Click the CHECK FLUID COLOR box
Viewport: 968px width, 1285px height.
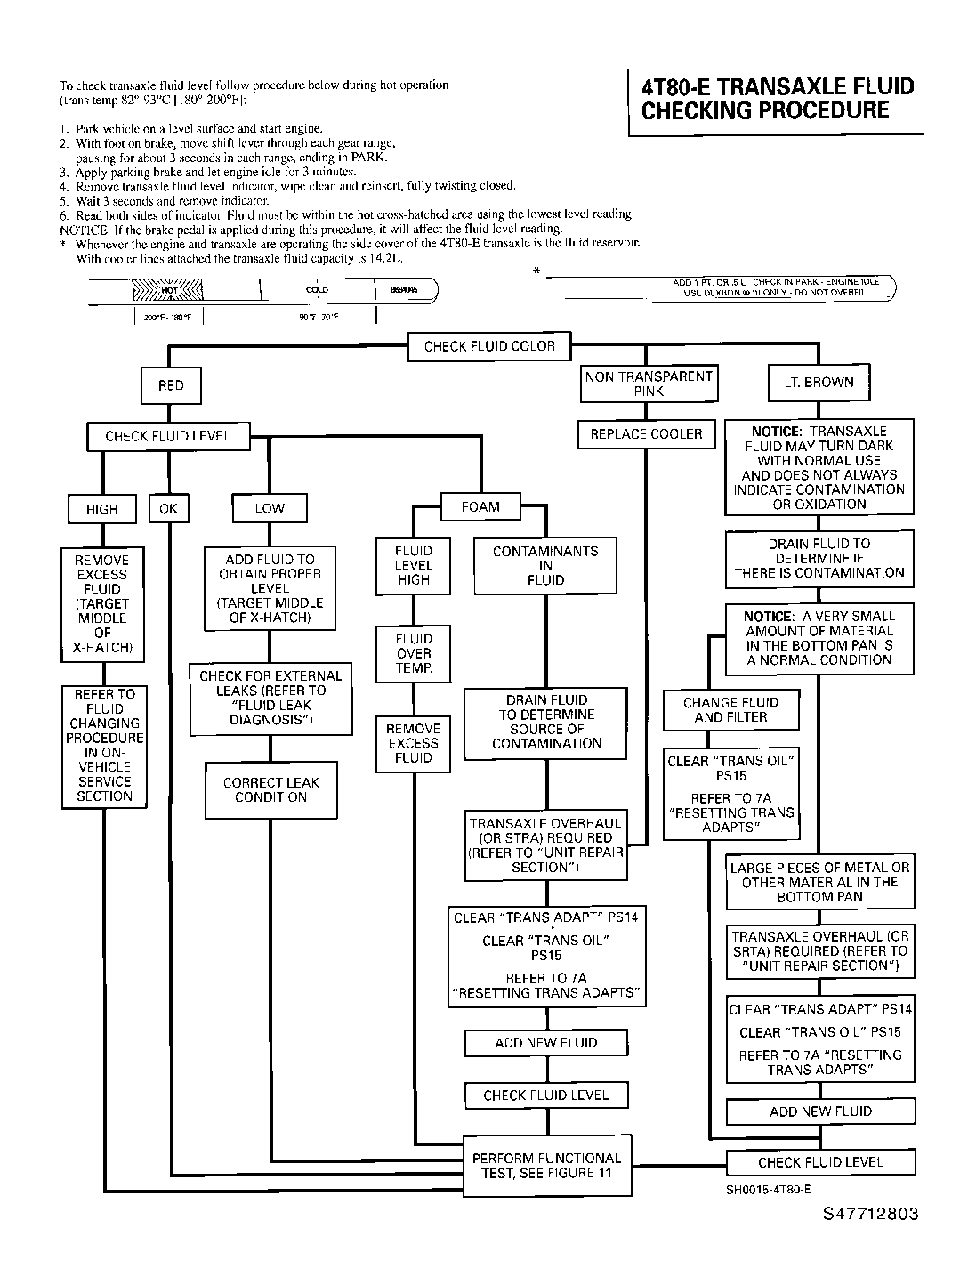click(489, 346)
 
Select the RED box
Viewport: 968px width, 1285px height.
click(171, 385)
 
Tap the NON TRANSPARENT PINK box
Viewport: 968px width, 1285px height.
click(649, 384)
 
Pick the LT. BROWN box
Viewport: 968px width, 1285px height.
click(819, 383)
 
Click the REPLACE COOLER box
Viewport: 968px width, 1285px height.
click(646, 434)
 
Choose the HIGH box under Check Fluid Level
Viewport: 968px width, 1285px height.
click(101, 509)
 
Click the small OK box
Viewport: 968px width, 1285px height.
click(168, 508)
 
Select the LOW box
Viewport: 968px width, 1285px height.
click(270, 508)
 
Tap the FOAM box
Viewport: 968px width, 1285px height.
click(480, 507)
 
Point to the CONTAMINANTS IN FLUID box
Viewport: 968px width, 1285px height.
click(545, 565)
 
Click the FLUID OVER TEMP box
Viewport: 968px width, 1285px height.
click(414, 653)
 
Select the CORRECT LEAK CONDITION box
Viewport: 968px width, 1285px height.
click(270, 789)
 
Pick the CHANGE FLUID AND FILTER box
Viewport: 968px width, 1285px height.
click(730, 709)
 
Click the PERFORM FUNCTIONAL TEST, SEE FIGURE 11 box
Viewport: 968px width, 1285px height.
click(546, 1166)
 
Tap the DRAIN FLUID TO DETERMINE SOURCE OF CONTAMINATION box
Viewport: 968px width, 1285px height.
click(546, 722)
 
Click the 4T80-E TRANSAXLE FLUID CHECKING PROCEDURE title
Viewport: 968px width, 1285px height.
click(777, 99)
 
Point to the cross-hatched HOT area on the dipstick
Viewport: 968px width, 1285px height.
click(169, 290)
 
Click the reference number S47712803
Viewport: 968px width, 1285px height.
click(870, 1215)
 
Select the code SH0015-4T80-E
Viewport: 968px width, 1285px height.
click(768, 1189)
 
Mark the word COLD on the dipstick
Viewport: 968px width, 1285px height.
click(317, 290)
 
